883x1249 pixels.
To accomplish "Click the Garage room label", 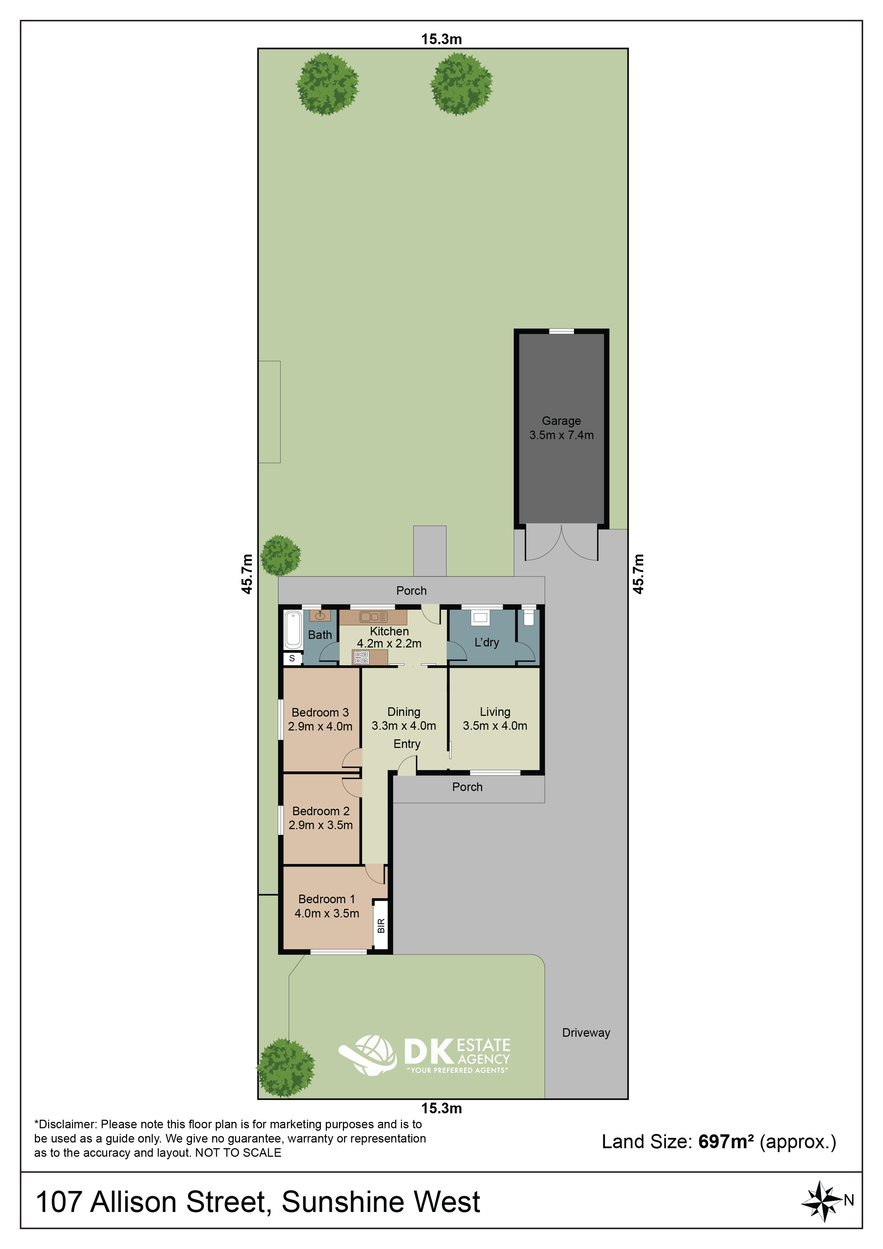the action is (x=561, y=421).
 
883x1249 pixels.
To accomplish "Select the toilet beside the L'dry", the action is (x=528, y=618).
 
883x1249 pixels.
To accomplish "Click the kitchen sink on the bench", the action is (x=373, y=617).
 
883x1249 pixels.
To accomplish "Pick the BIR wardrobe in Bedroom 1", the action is (x=381, y=925).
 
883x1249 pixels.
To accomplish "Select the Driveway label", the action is (x=586, y=1032).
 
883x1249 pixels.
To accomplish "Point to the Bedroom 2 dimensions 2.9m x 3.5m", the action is (x=321, y=825).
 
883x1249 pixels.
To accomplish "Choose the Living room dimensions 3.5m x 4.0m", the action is (x=495, y=726).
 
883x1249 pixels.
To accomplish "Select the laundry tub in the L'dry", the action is (x=480, y=618).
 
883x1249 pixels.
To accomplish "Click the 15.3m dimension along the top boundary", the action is (x=441, y=39).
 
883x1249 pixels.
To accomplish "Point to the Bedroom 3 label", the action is (x=320, y=712).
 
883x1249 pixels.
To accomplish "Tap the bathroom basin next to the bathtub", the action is (x=320, y=616).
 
